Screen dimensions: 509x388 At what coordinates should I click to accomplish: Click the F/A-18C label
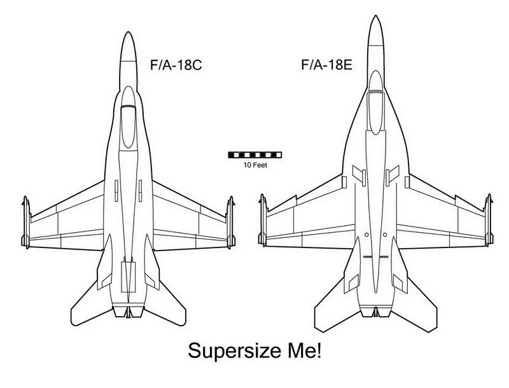176,65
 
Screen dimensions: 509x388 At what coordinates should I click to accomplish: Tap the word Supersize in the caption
234,351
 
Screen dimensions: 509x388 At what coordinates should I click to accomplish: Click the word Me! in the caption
305,350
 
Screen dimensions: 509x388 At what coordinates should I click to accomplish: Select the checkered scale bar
255,155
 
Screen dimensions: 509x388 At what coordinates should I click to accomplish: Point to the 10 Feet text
256,165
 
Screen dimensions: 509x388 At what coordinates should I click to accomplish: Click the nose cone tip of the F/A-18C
129,32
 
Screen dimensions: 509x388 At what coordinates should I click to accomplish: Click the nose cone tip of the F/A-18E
375,15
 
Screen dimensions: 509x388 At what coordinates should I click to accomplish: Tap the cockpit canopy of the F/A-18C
129,127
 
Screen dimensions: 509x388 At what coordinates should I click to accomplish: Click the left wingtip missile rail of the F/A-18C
26,223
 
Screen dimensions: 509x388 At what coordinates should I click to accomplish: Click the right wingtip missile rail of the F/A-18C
230,223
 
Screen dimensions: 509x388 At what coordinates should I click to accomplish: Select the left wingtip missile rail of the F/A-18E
263,220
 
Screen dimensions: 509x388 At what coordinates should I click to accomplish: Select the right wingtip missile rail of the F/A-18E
489,220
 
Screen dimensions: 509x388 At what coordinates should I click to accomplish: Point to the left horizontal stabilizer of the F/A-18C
92,305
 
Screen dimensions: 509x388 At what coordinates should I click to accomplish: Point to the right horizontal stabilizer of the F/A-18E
415,308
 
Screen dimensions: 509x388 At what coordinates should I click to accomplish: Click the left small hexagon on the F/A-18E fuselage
366,235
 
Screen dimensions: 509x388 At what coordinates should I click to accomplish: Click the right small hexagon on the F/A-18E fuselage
385,235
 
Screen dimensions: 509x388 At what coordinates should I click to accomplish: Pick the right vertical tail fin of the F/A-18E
400,266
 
